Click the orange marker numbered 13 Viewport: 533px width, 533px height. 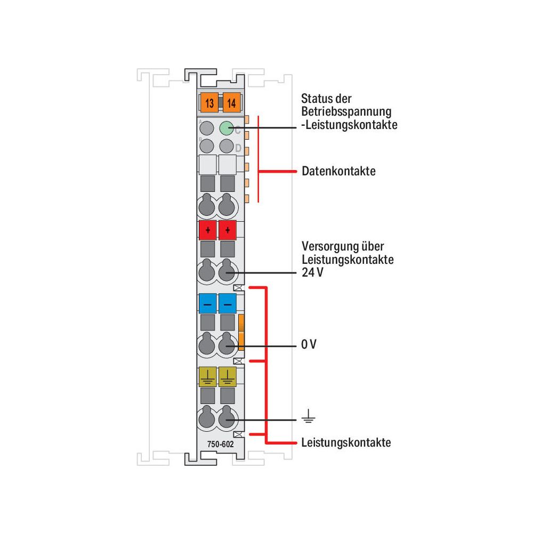[209, 102]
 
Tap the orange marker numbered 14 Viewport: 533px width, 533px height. [232, 102]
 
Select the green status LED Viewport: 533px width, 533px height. [227, 128]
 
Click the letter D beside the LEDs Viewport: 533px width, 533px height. [238, 148]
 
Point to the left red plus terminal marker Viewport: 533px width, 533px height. [208, 230]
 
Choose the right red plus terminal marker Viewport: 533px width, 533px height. [228, 230]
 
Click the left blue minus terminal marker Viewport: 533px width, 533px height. [208, 303]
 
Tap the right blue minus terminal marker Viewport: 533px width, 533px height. [228, 303]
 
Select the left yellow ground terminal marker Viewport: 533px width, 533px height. [208, 376]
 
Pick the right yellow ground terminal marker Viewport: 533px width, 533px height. [228, 376]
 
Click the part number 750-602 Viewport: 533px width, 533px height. [221, 444]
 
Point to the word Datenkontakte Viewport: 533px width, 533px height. [338, 171]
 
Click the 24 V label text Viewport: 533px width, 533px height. [312, 272]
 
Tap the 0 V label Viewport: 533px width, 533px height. [309, 344]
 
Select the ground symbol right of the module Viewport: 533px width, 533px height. [308, 416]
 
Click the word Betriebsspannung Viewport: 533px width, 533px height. [346, 112]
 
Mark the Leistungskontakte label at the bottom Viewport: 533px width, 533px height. [346, 442]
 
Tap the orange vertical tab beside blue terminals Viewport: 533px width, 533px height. [241, 332]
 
